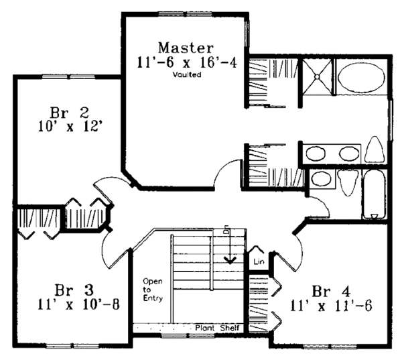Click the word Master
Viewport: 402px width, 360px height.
[x=186, y=48]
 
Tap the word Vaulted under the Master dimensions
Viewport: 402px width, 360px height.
[x=187, y=74]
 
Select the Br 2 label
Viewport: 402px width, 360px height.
[x=69, y=113]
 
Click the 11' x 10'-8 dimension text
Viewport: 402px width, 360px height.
[x=78, y=305]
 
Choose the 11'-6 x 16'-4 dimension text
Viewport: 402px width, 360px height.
[x=187, y=62]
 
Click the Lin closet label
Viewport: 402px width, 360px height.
[x=259, y=261]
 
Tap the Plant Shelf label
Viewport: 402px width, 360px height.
[x=217, y=328]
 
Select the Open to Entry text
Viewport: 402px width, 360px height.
[x=153, y=290]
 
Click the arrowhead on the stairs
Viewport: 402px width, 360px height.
[x=230, y=259]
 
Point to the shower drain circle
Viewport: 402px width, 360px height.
[x=317, y=76]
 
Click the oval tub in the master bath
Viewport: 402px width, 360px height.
[x=362, y=78]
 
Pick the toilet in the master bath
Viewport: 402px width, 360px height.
[x=375, y=149]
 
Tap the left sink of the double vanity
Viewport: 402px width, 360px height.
[x=316, y=154]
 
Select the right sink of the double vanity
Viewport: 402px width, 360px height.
[x=349, y=154]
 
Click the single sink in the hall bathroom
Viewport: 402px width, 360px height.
[x=321, y=178]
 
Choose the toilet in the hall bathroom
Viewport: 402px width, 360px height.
[x=347, y=182]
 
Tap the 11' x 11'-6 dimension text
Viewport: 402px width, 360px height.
[x=331, y=306]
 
